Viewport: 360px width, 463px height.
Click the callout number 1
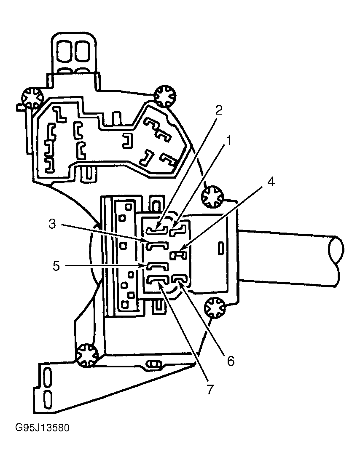(228, 141)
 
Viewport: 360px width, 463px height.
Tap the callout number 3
(52, 224)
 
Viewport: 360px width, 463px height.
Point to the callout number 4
(271, 182)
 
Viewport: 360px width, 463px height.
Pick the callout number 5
(56, 266)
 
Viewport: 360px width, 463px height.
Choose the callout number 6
(231, 361)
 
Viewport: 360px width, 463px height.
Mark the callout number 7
(210, 389)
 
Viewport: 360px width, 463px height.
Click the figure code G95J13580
(42, 428)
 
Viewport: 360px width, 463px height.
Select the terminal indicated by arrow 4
(178, 254)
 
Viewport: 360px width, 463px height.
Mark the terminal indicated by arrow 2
(158, 230)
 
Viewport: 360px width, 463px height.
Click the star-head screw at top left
(32, 98)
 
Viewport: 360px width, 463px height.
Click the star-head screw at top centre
(165, 96)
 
